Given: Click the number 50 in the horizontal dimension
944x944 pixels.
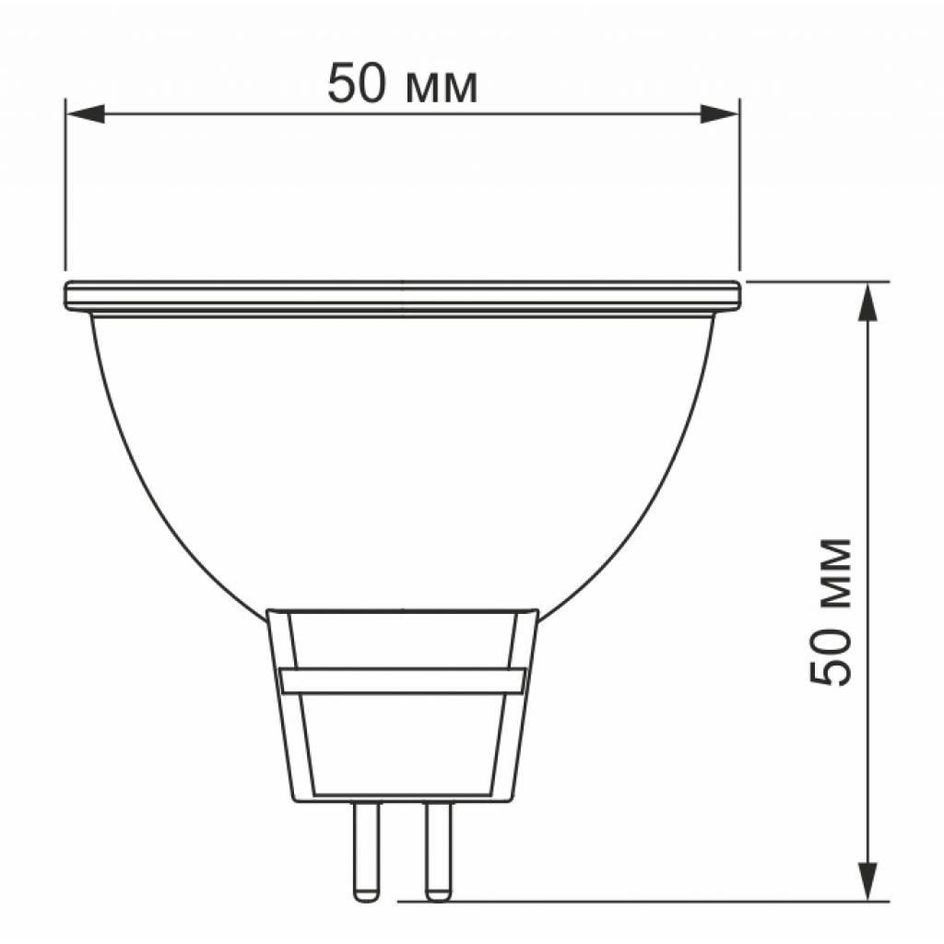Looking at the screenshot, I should point(359,84).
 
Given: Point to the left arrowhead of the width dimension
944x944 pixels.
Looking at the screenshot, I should point(83,113).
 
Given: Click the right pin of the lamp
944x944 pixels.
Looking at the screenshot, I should point(437,848).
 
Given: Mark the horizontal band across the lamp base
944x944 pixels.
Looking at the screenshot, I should point(402,681).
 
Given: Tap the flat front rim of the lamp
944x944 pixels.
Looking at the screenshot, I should point(402,295).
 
